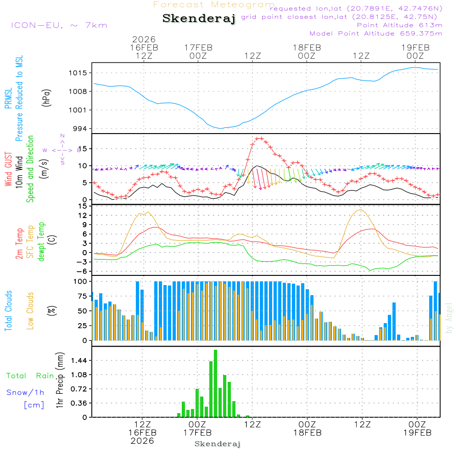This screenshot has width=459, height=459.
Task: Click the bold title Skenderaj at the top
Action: [x=199, y=19]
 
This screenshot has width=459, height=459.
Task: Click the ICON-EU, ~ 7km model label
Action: [x=59, y=25]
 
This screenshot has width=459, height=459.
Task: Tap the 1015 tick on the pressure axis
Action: [x=79, y=73]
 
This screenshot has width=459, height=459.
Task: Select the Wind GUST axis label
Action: [x=8, y=170]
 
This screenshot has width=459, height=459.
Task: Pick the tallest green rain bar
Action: [x=215, y=383]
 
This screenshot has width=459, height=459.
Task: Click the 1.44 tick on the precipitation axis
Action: [x=78, y=361]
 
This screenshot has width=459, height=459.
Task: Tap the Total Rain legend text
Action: [x=30, y=376]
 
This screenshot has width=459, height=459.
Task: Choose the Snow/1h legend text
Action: [x=25, y=392]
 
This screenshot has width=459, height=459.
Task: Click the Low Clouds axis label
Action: [x=30, y=311]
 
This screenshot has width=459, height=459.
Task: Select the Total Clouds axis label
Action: [x=8, y=311]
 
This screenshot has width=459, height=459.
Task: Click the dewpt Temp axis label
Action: [x=41, y=242]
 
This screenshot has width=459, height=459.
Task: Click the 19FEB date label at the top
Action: [x=415, y=47]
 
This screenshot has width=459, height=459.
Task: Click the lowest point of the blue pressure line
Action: [x=221, y=129]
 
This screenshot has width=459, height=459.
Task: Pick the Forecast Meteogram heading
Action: [x=214, y=5]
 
